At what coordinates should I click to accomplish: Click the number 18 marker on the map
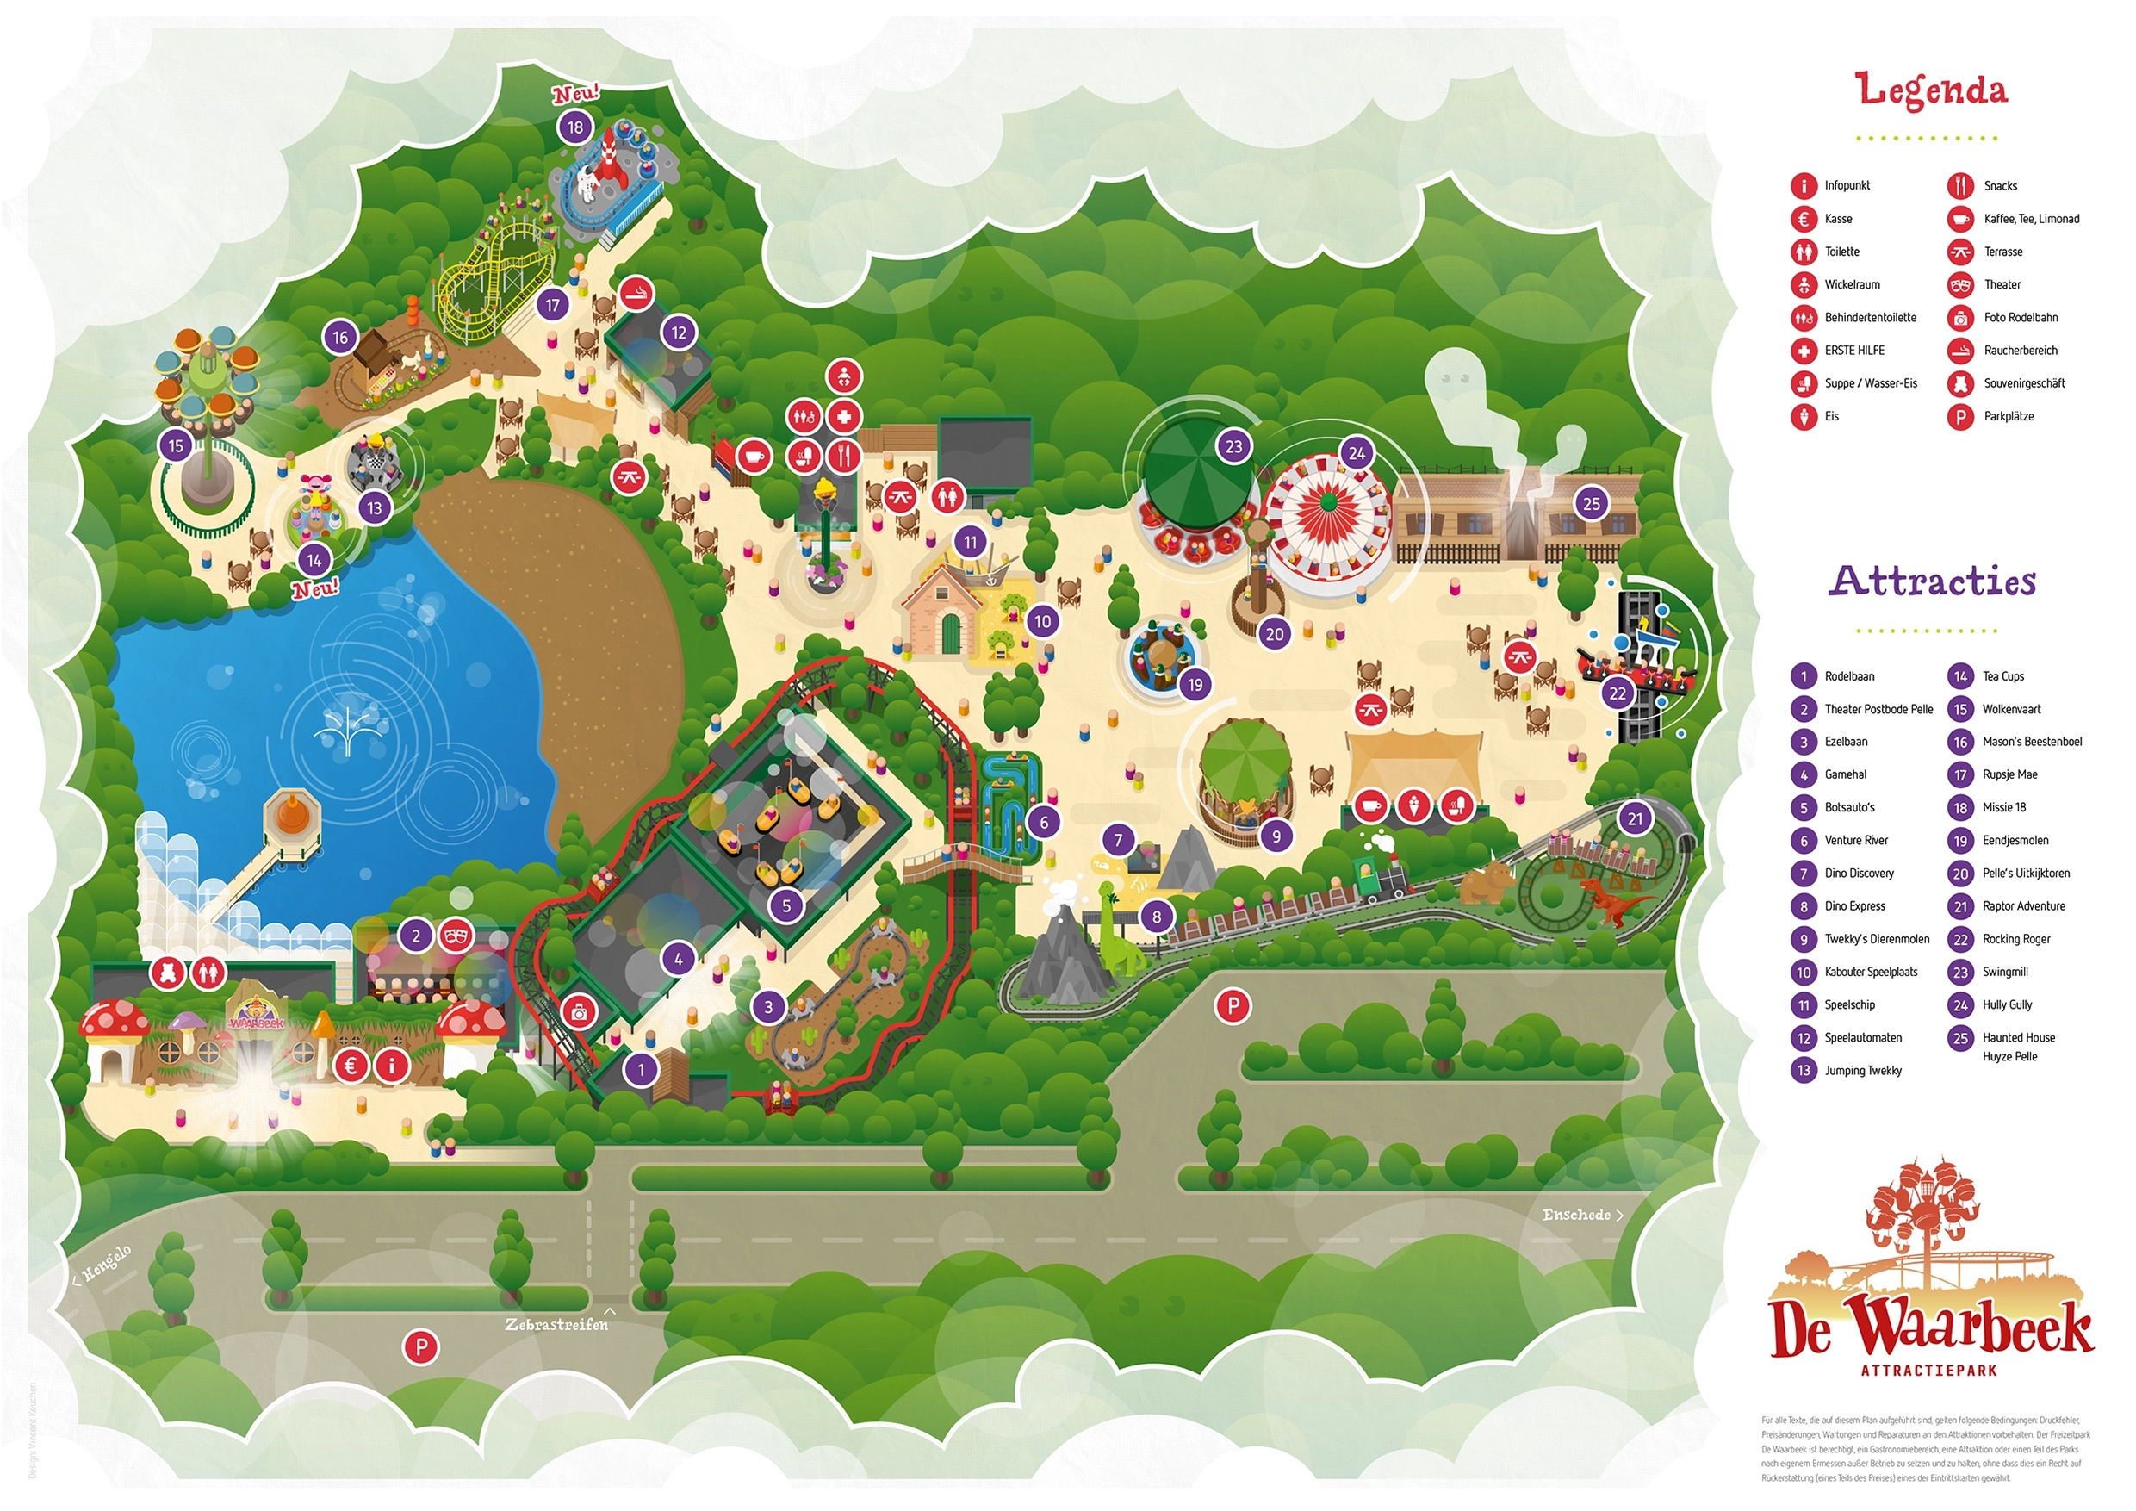[575, 127]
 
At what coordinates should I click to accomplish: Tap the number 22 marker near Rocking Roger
[1618, 693]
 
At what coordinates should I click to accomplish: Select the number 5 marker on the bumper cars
[786, 905]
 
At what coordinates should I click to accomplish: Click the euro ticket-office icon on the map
[351, 1066]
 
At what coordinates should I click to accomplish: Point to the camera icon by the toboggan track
[579, 1013]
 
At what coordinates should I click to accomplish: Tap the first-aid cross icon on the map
[844, 417]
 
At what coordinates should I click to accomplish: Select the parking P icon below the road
[420, 1346]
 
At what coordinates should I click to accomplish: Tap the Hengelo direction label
[104, 1265]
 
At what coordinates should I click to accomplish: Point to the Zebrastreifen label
[556, 1324]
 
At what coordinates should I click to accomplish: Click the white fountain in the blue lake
[348, 727]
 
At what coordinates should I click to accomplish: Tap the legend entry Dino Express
[1854, 906]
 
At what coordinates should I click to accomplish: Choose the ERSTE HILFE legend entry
[1854, 351]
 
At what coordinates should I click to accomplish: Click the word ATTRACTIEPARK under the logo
[1932, 1371]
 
